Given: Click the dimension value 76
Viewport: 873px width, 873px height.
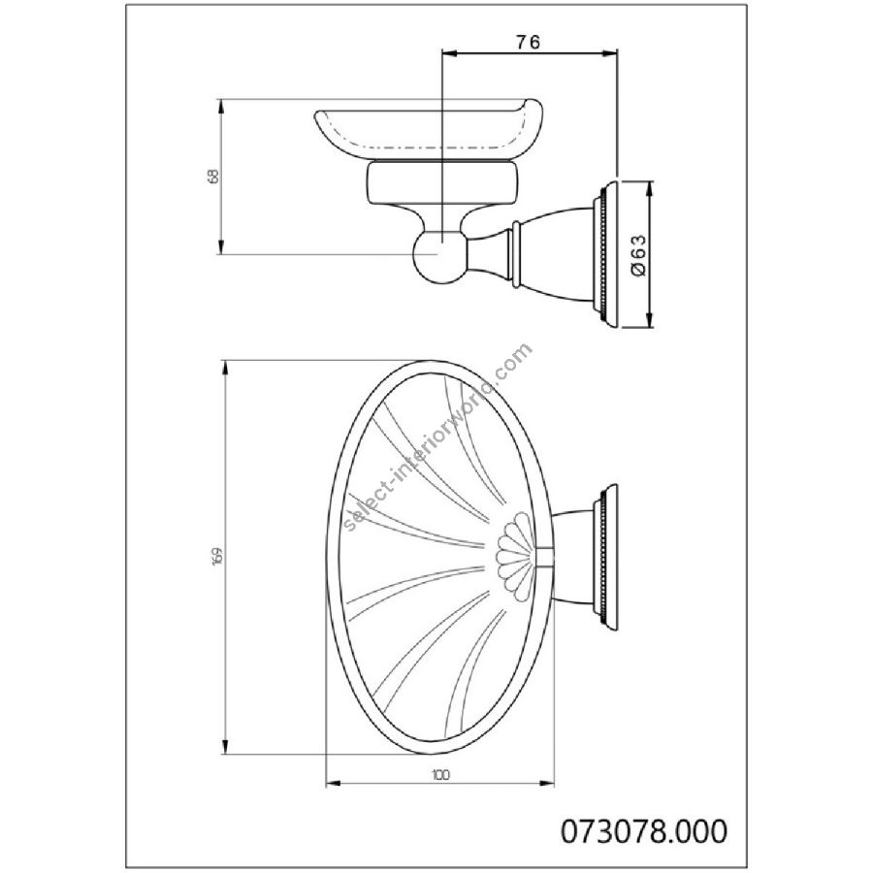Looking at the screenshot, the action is click(529, 43).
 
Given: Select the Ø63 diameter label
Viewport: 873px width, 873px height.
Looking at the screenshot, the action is click(638, 254).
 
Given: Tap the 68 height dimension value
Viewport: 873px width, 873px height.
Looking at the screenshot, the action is click(213, 176).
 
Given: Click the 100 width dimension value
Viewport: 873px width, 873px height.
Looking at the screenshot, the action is click(439, 774).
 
